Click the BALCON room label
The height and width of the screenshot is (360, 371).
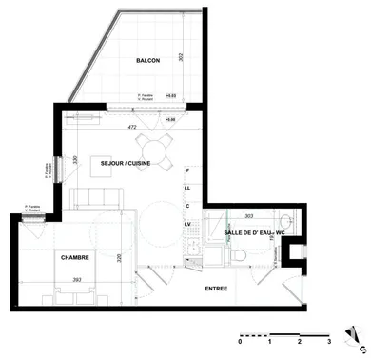(147, 60)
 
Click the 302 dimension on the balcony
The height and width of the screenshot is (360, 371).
(205, 57)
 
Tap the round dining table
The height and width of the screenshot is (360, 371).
(155, 148)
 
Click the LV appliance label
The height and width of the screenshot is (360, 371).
(188, 223)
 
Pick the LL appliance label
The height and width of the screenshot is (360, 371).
(188, 188)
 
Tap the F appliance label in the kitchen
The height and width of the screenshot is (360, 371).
(188, 170)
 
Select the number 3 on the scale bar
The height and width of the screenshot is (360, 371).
(328, 340)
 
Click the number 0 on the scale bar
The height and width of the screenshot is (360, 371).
(242, 340)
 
